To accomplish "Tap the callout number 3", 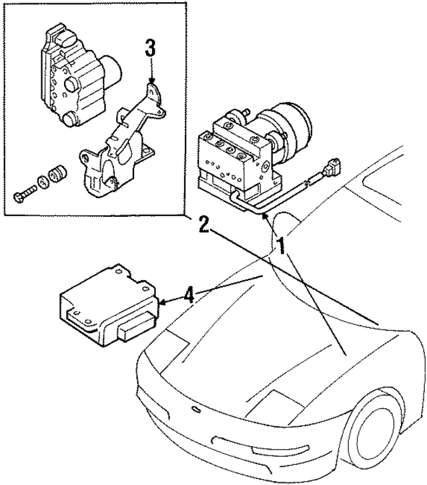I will pos(151,49).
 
